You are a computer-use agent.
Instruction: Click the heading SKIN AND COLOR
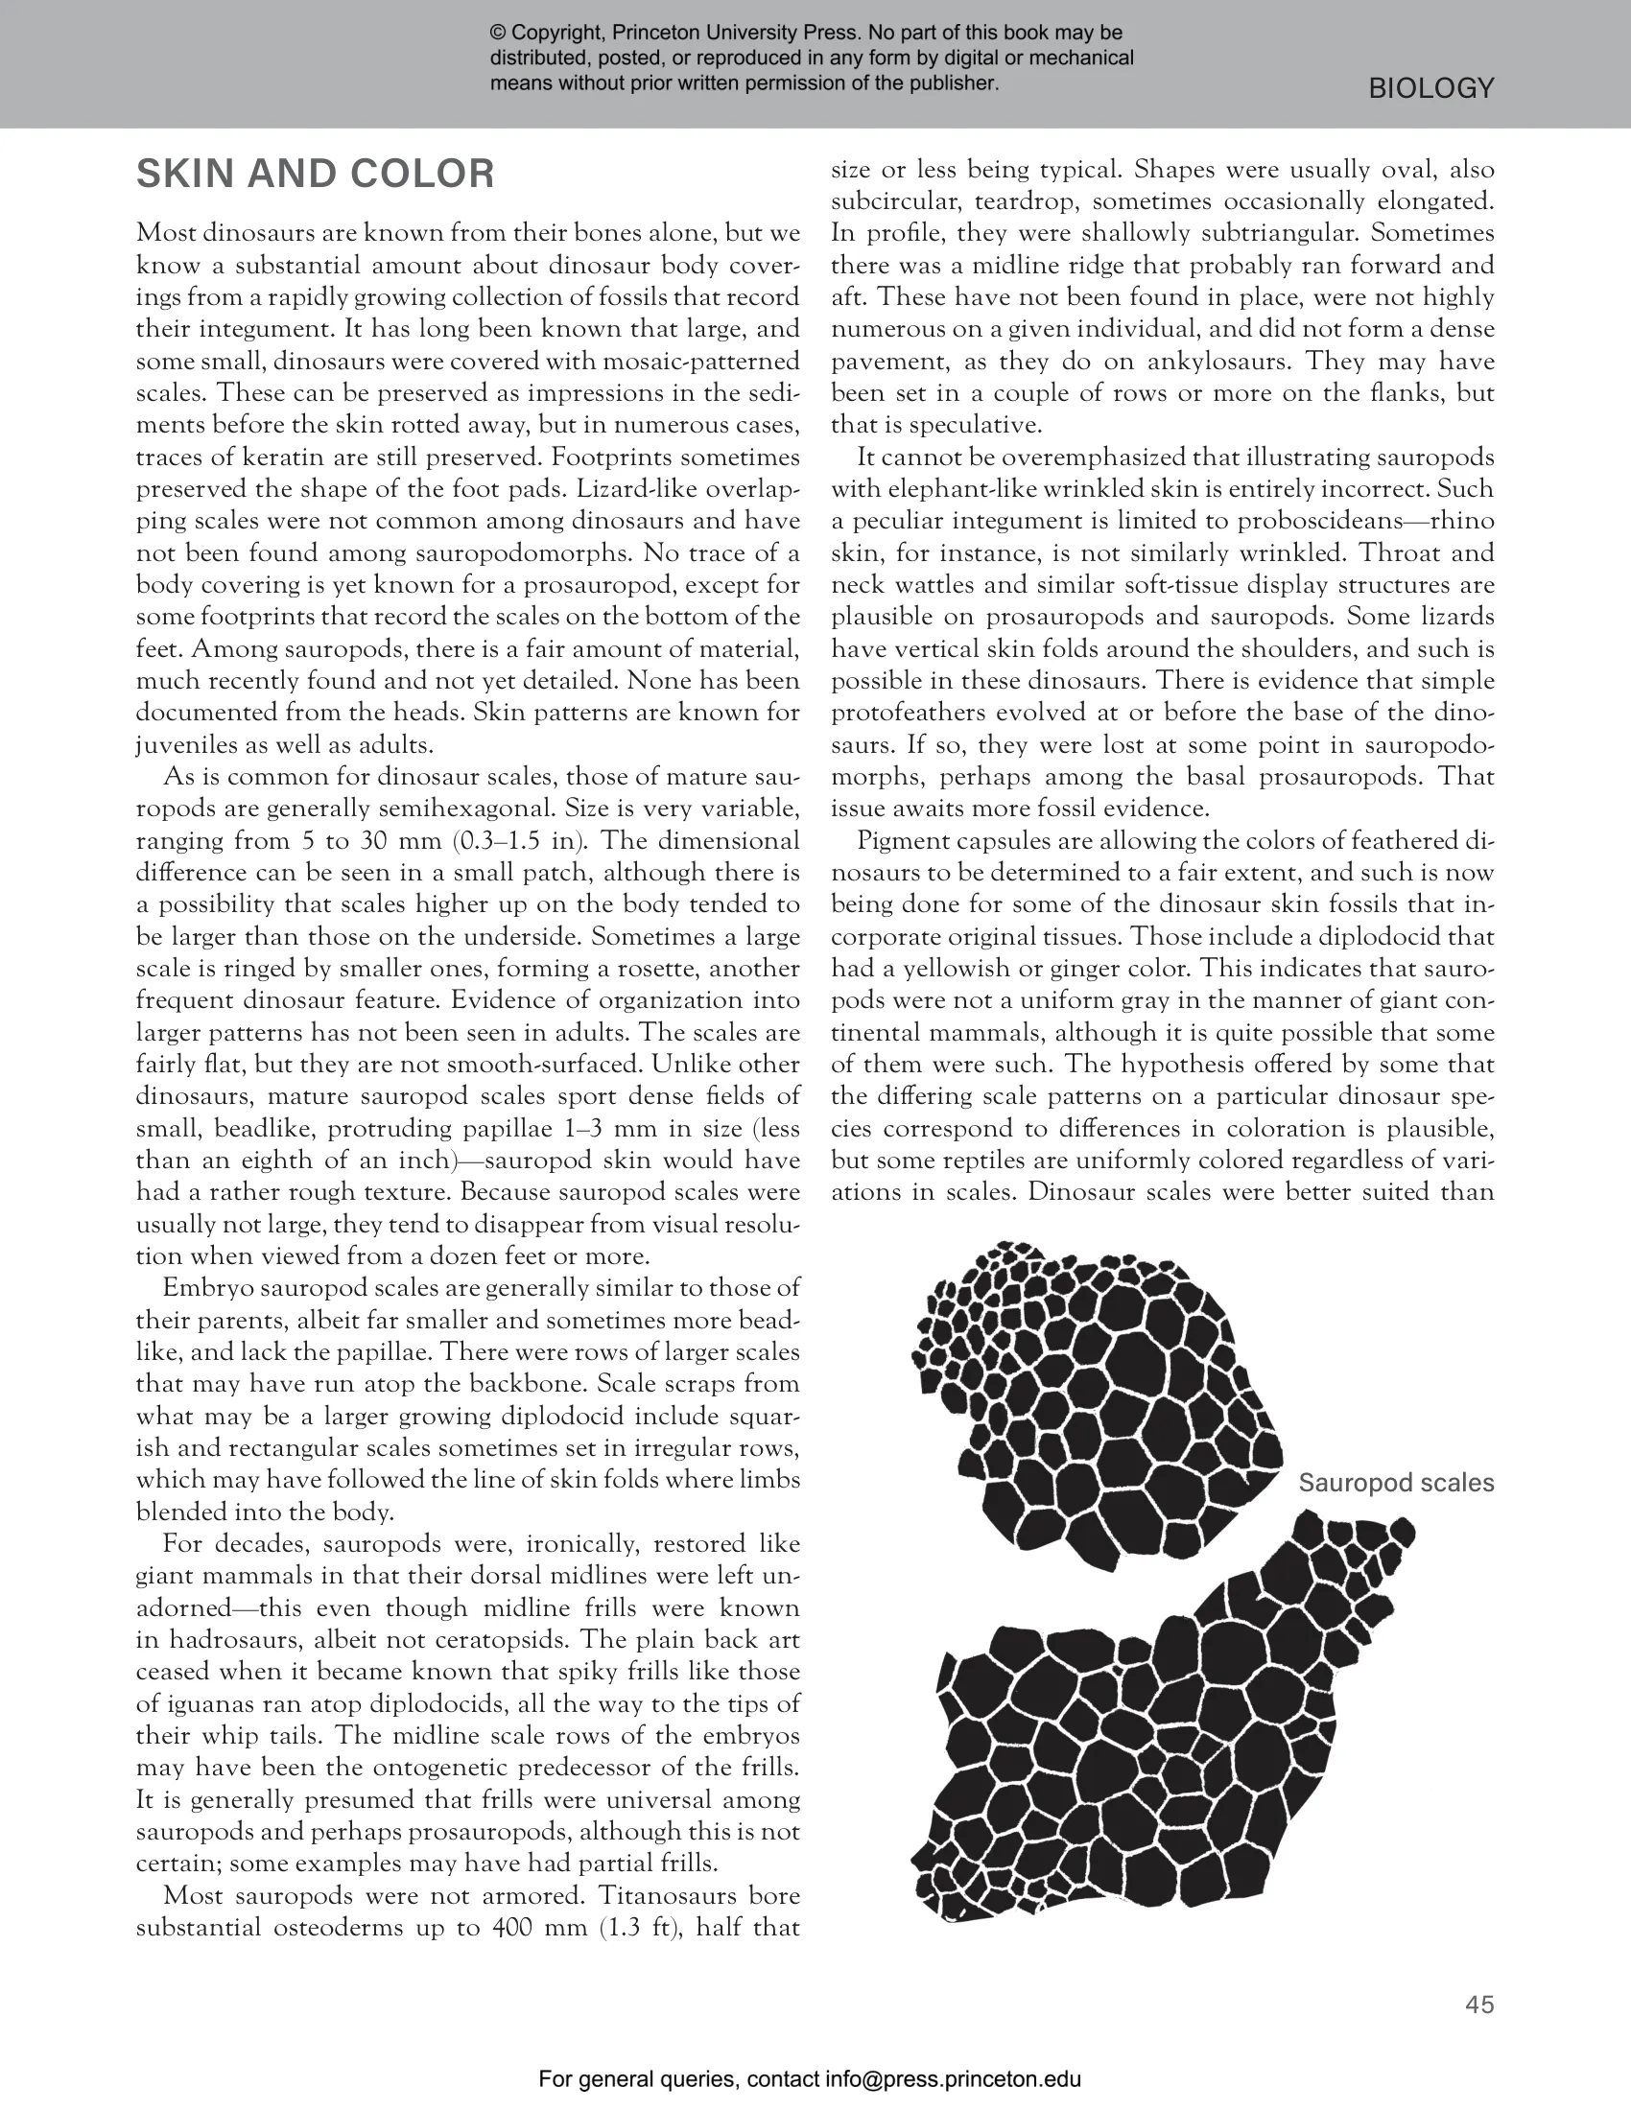click(x=315, y=175)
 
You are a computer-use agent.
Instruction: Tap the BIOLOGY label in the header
click(x=1431, y=89)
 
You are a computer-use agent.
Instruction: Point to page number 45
click(x=1479, y=2004)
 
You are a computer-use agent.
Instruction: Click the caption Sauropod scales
click(x=1395, y=1483)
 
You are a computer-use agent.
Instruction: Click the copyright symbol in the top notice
click(x=498, y=34)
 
